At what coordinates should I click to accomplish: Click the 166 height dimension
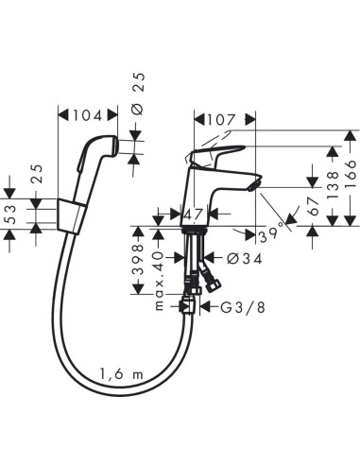[x=351, y=177]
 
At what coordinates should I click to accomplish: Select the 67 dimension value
[x=314, y=199]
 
